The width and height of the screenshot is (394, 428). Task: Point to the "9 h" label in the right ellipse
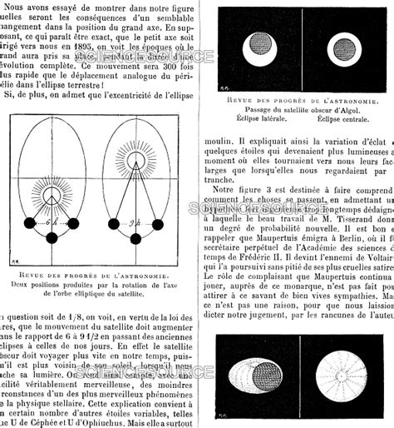[x=132, y=223]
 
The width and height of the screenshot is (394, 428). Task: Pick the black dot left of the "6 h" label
[x=29, y=223]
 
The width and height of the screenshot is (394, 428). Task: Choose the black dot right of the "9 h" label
[x=156, y=223]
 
